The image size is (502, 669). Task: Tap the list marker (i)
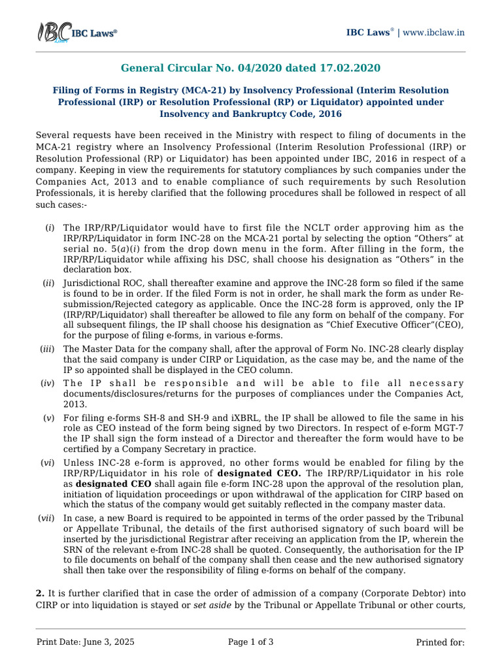point(49,227)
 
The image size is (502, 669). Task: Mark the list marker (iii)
point(47,349)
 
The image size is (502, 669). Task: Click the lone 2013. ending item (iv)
point(75,404)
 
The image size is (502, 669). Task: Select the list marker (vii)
point(46,518)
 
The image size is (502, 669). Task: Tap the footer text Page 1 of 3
point(250,642)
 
